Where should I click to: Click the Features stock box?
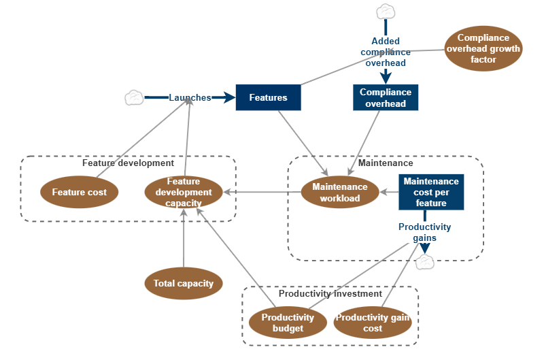click(268, 97)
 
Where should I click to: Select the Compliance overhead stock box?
click(386, 97)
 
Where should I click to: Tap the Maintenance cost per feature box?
click(431, 192)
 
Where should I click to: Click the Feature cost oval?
click(80, 192)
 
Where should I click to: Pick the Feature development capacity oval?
click(184, 192)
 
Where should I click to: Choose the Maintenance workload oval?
click(340, 192)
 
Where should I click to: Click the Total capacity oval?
click(184, 283)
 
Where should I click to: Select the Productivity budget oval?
click(288, 323)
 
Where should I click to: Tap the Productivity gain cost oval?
click(373, 323)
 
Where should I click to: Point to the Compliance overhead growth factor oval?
click(483, 49)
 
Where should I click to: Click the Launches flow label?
click(190, 97)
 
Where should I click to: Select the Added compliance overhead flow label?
click(386, 52)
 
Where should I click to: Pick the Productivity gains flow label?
click(424, 232)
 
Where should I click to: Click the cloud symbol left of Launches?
click(133, 97)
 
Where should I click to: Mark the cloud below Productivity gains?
click(426, 261)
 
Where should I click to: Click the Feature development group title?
click(128, 163)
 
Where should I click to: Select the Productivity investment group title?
click(330, 293)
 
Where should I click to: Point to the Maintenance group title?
click(386, 163)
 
